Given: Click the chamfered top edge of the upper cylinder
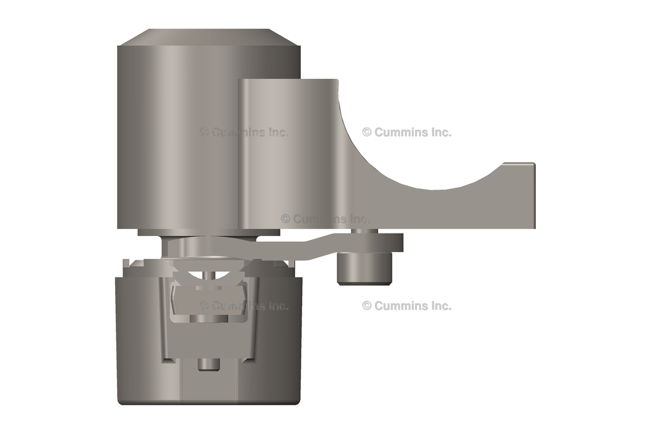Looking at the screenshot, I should pyautogui.click(x=210, y=37).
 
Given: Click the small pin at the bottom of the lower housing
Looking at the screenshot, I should pyautogui.click(x=207, y=365).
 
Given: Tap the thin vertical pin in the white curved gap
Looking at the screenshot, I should pyautogui.click(x=209, y=275).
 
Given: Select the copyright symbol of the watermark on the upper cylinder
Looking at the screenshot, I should pyautogui.click(x=204, y=132).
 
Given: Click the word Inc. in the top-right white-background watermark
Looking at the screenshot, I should pyautogui.click(x=439, y=132).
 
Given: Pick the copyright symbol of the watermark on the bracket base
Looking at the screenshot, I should pyautogui.click(x=285, y=218).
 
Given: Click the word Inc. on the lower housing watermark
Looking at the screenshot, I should pyautogui.click(x=275, y=305).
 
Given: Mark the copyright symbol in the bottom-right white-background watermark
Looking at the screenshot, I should pyautogui.click(x=367, y=305).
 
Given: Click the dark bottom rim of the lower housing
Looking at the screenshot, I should pyautogui.click(x=210, y=402).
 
